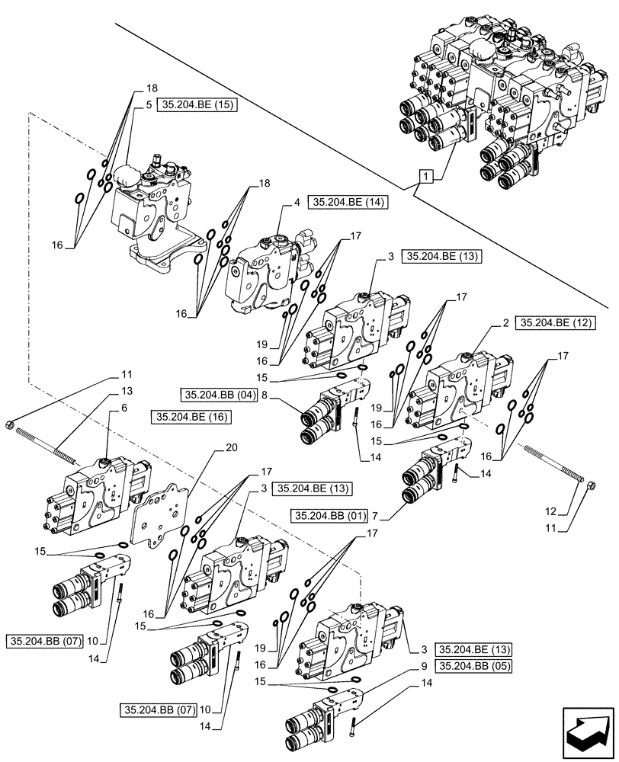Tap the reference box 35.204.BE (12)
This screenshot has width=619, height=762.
[555, 323]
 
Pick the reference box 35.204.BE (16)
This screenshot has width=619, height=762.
[192, 417]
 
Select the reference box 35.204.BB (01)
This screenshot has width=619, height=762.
[330, 517]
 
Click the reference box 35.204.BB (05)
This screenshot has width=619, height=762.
[473, 665]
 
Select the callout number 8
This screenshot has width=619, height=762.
[264, 395]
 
